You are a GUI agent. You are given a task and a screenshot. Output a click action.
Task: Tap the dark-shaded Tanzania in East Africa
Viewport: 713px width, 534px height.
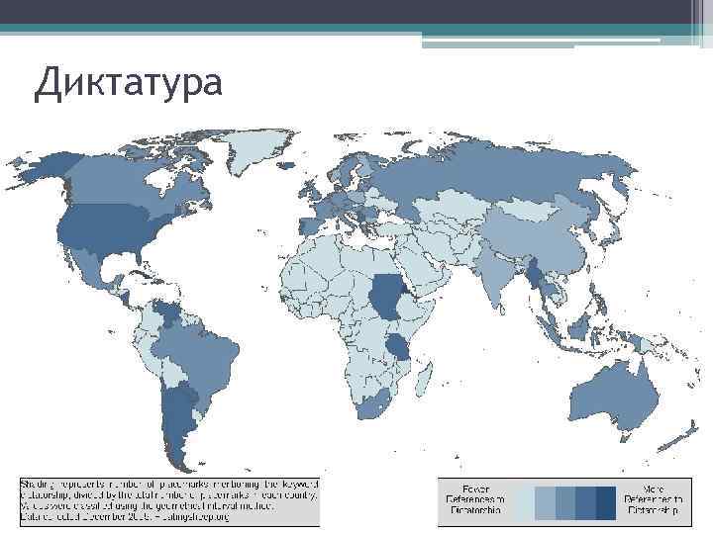399,345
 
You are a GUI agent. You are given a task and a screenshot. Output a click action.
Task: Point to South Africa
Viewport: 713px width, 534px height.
374,400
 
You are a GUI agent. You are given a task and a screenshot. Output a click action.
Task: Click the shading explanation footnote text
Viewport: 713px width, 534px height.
168,499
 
